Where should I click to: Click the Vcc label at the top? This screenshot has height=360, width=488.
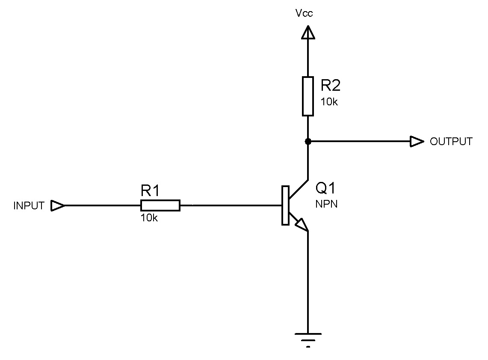coord(304,13)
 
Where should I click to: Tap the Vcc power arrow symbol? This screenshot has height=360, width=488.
coord(308,33)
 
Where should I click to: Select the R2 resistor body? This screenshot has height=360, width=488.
coord(308,96)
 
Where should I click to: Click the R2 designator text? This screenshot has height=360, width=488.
coord(331,86)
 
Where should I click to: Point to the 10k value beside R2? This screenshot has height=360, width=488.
coord(329,102)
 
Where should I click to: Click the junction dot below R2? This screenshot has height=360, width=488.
coord(308,141)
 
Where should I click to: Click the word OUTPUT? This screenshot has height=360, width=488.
coord(451,142)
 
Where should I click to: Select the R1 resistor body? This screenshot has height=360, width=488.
coord(160,205)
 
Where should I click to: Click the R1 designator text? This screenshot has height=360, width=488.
coord(150,191)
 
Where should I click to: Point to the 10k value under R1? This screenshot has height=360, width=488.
coord(149,218)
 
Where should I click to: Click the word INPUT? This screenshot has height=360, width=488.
coord(29,206)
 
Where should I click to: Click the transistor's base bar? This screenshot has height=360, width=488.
coord(285,205)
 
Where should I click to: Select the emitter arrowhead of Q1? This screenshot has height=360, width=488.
coord(302,225)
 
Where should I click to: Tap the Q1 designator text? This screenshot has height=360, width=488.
coord(326,188)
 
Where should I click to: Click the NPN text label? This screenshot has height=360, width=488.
coord(326,204)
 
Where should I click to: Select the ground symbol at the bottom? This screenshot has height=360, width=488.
coord(308,338)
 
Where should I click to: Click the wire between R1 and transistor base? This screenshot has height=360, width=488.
coord(231,205)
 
